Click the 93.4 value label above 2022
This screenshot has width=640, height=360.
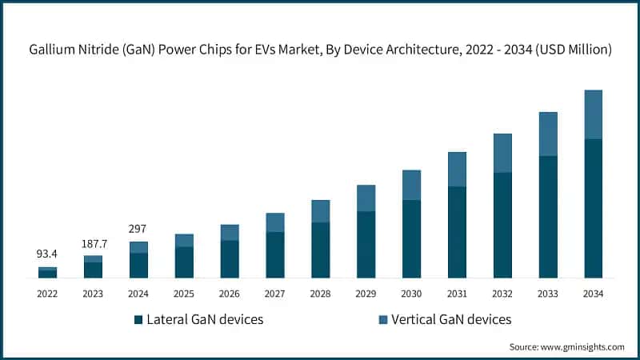click(47, 254)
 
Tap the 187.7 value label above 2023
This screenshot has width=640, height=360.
click(93, 243)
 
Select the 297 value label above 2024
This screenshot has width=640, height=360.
click(138, 228)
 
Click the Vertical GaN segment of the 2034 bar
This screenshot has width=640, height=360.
click(593, 114)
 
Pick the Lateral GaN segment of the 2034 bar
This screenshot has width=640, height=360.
click(593, 208)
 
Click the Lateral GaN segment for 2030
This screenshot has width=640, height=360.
click(411, 238)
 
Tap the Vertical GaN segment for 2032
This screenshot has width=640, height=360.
click(502, 153)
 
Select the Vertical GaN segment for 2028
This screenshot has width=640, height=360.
click(320, 211)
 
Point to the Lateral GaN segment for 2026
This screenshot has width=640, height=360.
click(230, 259)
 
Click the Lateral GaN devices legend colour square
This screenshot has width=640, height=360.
click(138, 320)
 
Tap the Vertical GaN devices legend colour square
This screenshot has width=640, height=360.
click(383, 320)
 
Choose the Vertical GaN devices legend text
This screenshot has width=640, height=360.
click(452, 320)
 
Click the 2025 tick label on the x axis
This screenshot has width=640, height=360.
click(184, 294)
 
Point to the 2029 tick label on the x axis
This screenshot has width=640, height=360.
click(366, 294)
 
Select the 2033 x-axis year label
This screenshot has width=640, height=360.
click(547, 294)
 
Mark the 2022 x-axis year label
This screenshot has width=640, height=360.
click(47, 294)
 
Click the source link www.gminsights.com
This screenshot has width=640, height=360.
click(584, 346)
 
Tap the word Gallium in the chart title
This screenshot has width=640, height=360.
click(52, 50)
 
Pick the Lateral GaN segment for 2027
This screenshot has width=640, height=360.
click(275, 254)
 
